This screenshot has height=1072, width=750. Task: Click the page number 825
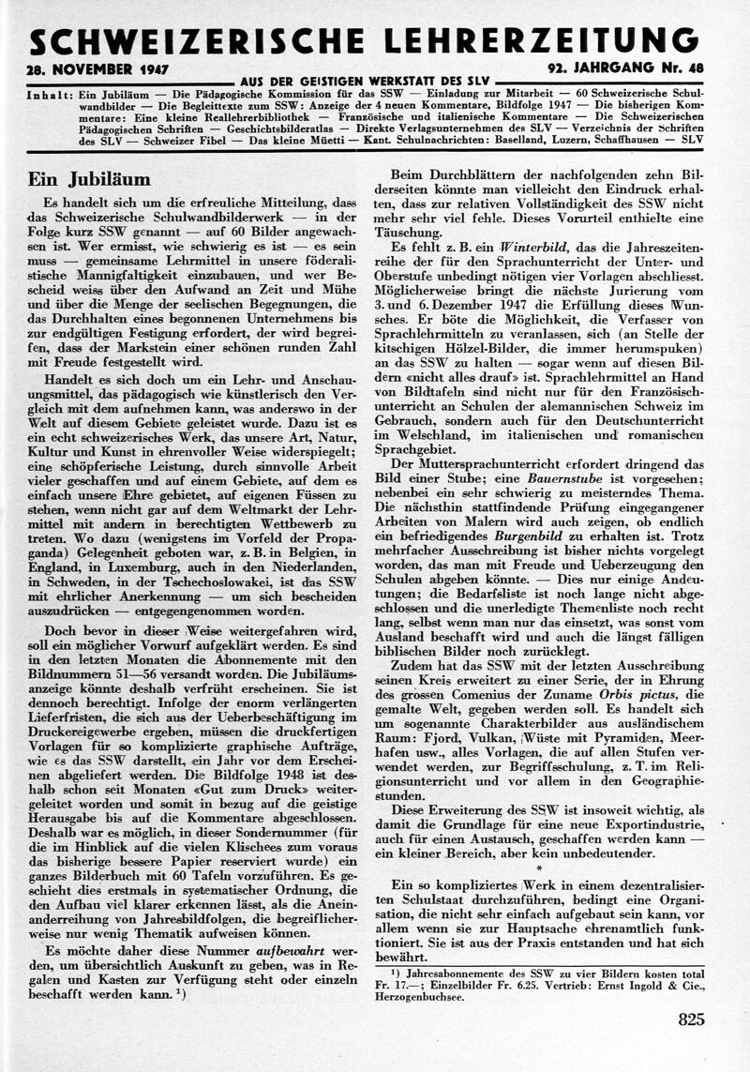tap(690, 1019)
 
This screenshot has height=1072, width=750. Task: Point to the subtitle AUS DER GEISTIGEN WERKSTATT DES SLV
tap(365, 81)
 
